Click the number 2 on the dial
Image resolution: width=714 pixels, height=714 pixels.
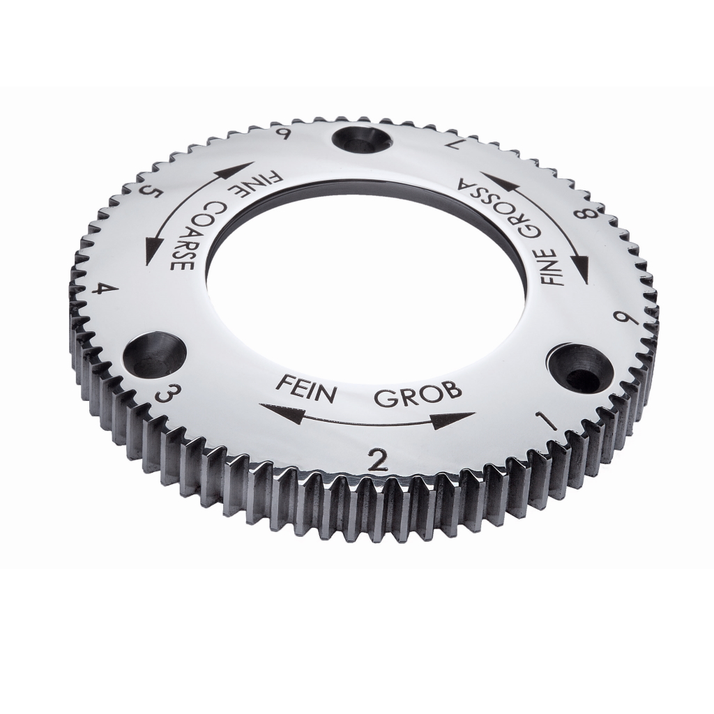pyautogui.click(x=379, y=460)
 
